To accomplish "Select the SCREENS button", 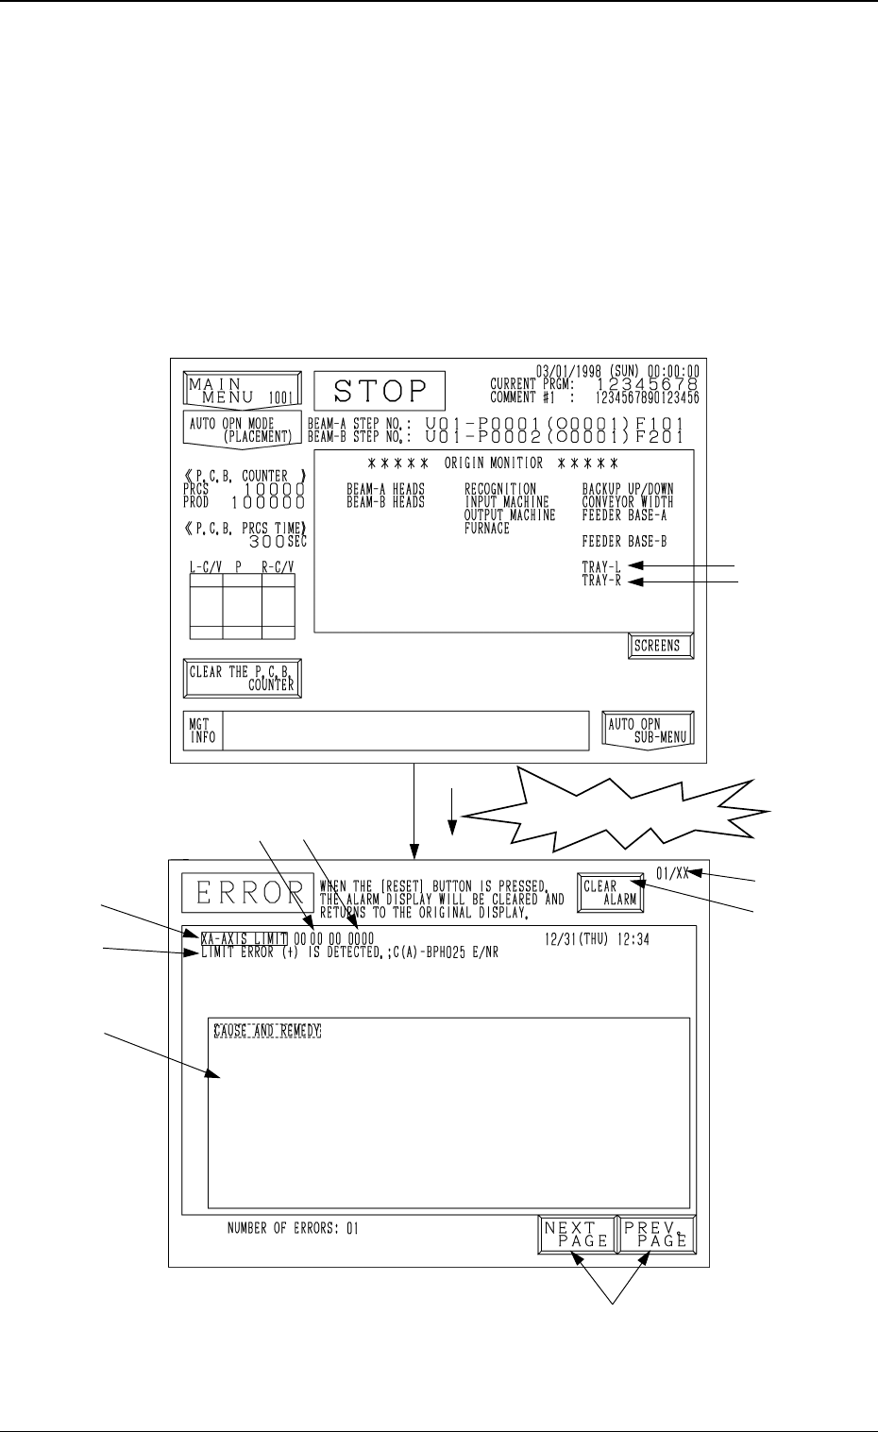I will click(661, 646).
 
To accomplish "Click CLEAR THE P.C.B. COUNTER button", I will click(242, 679).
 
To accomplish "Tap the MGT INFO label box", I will click(203, 731).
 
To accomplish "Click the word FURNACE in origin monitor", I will click(486, 529).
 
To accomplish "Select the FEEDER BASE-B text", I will click(624, 543).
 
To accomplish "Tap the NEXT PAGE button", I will click(576, 1234).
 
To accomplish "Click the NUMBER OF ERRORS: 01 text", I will click(293, 1229).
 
